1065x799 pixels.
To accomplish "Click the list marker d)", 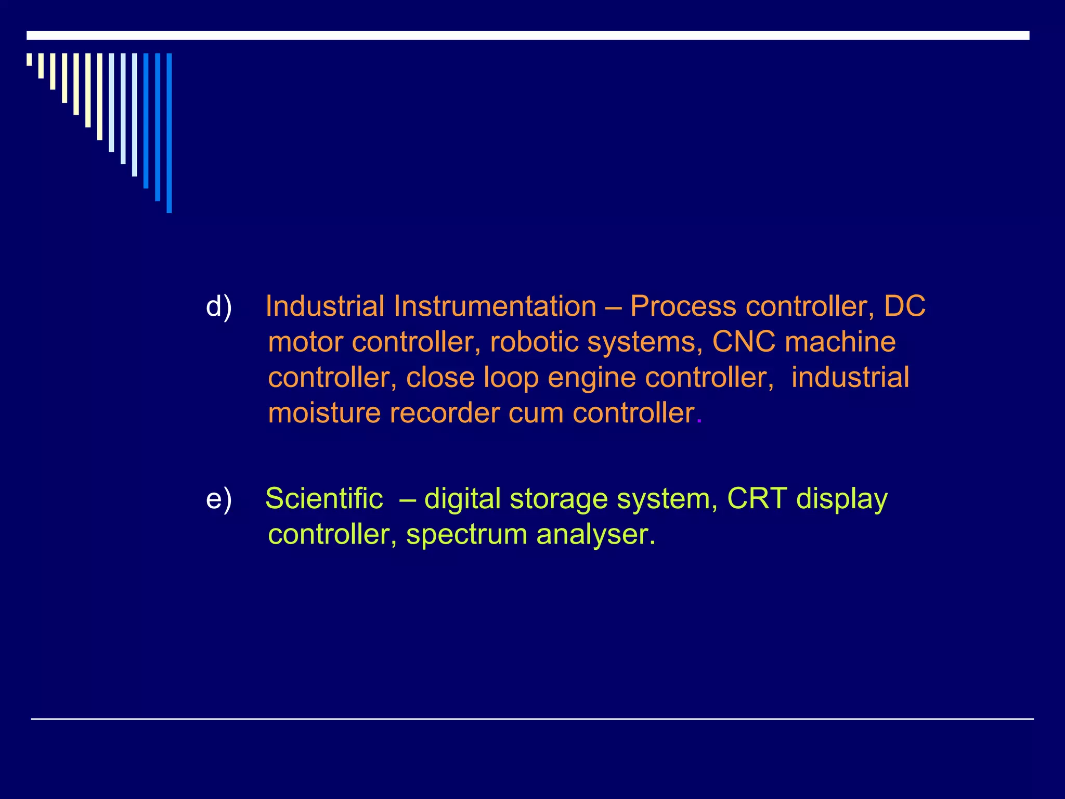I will [218, 306].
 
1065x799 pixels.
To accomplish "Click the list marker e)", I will [218, 499].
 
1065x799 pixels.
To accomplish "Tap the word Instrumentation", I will [495, 306].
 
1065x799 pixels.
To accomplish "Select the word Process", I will [683, 306].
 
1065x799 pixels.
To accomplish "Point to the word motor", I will [306, 342].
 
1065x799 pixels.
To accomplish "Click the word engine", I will [592, 378].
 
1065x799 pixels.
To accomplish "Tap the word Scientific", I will [324, 499].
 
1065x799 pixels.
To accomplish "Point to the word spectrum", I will [466, 535].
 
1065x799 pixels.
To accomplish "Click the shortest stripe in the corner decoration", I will [29, 59].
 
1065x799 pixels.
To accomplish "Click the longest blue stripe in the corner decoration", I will [169, 133].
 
